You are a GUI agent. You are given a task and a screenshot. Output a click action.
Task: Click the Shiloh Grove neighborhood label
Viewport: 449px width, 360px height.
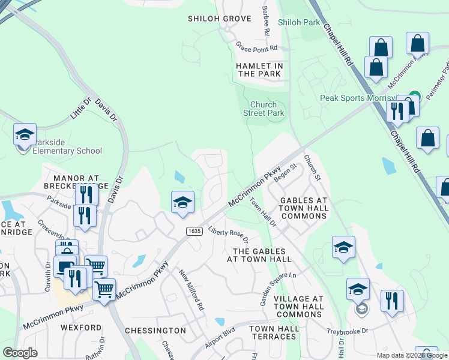pyautogui.click(x=219, y=19)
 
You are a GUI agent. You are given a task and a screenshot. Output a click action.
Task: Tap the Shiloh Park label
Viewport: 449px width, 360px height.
pyautogui.click(x=299, y=22)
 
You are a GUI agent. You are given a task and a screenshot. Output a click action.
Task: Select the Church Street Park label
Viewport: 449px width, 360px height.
pyautogui.click(x=264, y=109)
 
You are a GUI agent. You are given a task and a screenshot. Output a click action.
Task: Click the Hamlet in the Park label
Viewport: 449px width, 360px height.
pyautogui.click(x=259, y=70)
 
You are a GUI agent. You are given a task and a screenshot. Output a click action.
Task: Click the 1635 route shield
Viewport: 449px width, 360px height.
pyautogui.click(x=194, y=230)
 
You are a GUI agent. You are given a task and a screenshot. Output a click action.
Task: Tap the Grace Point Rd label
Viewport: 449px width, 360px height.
pyautogui.click(x=256, y=47)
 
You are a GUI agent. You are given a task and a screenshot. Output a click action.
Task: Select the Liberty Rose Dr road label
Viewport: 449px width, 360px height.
pyautogui.click(x=228, y=236)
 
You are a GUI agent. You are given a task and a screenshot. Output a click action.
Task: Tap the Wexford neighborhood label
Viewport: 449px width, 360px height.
pyautogui.click(x=81, y=328)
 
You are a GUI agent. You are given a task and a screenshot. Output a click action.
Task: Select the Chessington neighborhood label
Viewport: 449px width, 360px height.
pyautogui.click(x=155, y=331)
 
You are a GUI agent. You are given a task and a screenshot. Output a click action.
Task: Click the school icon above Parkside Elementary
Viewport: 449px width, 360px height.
pyautogui.click(x=25, y=134)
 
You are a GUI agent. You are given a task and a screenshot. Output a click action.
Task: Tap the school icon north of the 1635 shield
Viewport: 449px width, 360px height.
pyautogui.click(x=182, y=202)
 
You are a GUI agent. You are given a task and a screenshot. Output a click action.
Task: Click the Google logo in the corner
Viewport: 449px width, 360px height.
pyautogui.click(x=20, y=353)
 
